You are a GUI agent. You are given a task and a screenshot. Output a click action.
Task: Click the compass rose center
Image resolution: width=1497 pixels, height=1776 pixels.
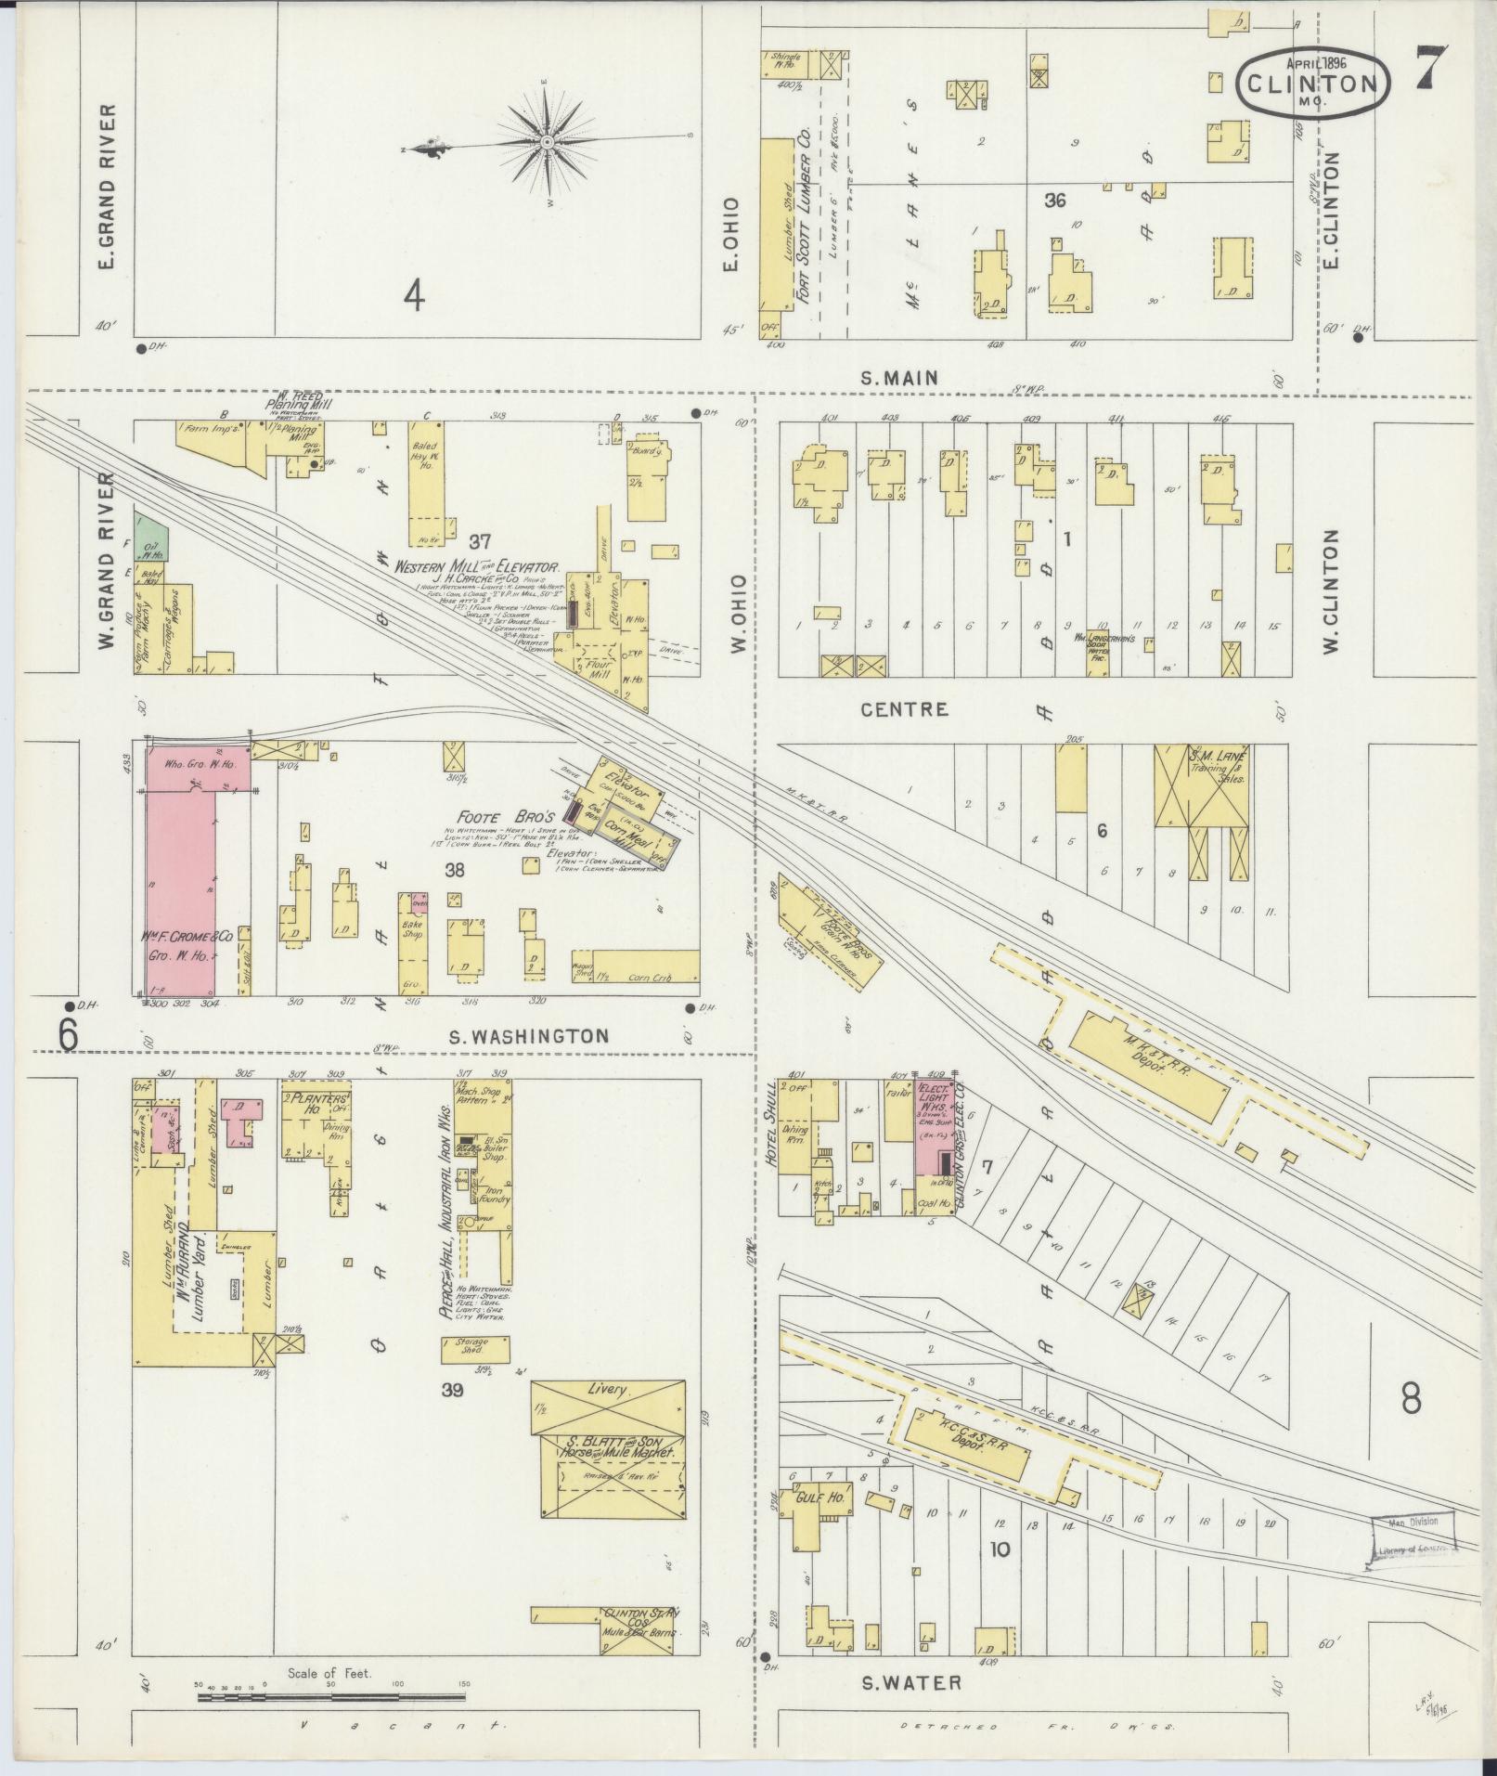tap(548, 141)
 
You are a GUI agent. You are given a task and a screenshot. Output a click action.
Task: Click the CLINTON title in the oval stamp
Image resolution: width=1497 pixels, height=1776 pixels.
tap(1313, 84)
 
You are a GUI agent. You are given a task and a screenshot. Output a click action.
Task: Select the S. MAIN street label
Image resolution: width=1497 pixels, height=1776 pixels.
tap(898, 378)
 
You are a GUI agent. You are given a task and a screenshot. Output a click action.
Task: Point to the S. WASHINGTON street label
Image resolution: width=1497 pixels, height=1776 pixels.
tap(528, 1035)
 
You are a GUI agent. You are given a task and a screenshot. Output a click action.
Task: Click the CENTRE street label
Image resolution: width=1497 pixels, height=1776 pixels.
tap(904, 709)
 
